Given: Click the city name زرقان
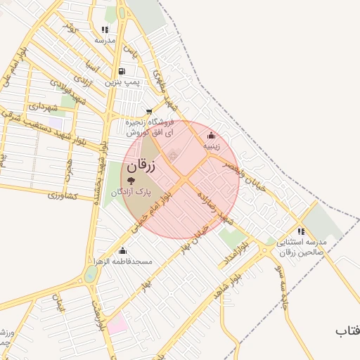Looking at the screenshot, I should pyautogui.click(x=141, y=167).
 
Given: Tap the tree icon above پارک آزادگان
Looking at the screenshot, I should pyautogui.click(x=131, y=181).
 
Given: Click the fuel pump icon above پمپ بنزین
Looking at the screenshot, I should pyautogui.click(x=122, y=71).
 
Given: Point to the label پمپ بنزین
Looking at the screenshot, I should pyautogui.click(x=124, y=82).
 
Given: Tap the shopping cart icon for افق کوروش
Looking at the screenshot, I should pyautogui.click(x=148, y=111).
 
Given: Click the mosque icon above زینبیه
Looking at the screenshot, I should pyautogui.click(x=212, y=136).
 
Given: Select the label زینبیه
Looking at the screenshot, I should pyautogui.click(x=212, y=146).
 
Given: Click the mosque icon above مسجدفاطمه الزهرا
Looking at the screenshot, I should pyautogui.click(x=123, y=251).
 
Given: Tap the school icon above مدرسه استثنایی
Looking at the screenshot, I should pyautogui.click(x=301, y=231).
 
